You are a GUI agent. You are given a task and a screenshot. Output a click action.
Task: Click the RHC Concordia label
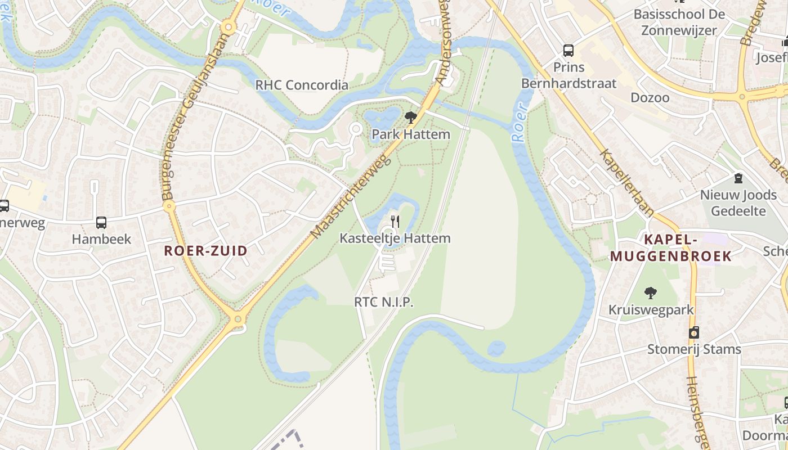point(302,85)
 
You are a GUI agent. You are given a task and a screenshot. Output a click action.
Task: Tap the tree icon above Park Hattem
point(411,118)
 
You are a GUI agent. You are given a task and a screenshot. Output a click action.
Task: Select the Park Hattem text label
point(411,134)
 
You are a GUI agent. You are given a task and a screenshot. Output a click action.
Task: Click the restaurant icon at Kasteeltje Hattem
point(395,221)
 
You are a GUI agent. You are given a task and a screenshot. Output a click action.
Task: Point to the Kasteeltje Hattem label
point(395,238)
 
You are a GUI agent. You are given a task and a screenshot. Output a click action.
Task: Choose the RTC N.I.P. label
point(384,301)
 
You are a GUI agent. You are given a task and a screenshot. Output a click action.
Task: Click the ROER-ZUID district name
point(205,251)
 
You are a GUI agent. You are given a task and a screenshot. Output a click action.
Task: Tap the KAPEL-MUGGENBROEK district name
point(671,248)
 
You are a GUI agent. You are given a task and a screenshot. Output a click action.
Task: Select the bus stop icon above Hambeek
point(101,222)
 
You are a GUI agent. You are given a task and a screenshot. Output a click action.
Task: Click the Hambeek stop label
point(101,239)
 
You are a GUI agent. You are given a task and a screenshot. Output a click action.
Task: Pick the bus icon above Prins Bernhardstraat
point(568,51)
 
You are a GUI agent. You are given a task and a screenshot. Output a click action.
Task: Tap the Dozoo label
point(650,97)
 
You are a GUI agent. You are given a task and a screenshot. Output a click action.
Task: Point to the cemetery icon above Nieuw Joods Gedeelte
point(738,178)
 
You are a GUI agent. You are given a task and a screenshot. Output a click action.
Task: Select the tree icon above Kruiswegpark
point(651,292)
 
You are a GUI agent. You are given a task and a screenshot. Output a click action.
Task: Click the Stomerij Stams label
point(694,349)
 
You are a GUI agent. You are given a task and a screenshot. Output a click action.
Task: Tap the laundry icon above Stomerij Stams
point(694,332)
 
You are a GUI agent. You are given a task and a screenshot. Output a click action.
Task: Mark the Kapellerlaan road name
point(626,183)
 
